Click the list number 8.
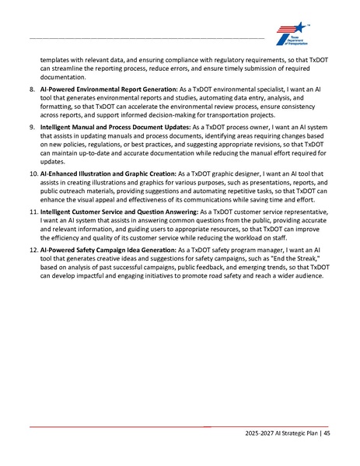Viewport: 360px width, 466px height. (32, 90)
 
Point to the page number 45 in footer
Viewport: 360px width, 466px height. (327, 433)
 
